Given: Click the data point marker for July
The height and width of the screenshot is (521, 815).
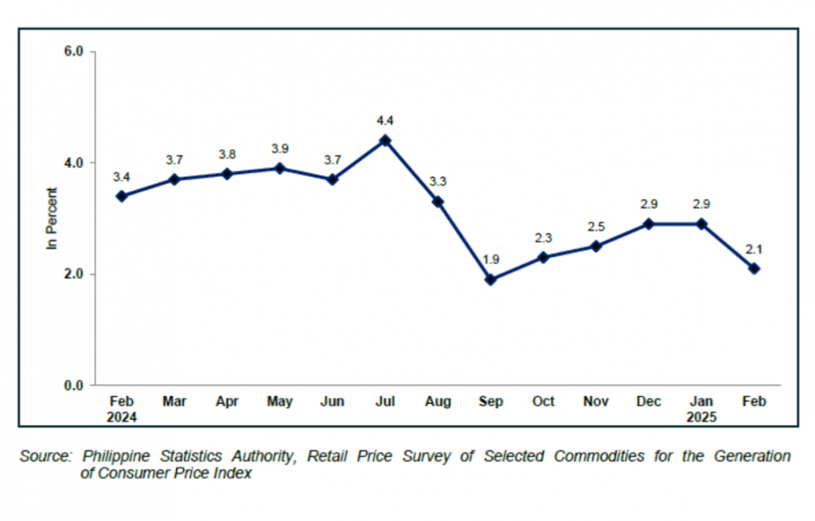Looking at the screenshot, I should pyautogui.click(x=385, y=140).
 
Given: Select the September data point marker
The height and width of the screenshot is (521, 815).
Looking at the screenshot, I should pyautogui.click(x=491, y=280).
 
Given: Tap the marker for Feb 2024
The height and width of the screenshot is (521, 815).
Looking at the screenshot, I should pyautogui.click(x=121, y=196).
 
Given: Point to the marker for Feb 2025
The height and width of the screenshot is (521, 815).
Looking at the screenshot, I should pyautogui.click(x=754, y=269).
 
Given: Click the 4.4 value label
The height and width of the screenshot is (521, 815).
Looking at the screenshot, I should pyautogui.click(x=385, y=121).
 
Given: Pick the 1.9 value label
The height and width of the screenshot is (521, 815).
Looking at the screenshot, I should pyautogui.click(x=491, y=260).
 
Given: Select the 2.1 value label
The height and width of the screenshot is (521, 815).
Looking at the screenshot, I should pyautogui.click(x=754, y=249).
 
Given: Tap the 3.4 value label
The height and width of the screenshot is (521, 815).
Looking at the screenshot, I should pyautogui.click(x=121, y=177).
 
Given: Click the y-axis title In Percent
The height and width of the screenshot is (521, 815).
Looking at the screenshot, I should pyautogui.click(x=53, y=219).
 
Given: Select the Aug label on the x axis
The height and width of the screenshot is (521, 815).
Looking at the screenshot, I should pyautogui.click(x=437, y=402).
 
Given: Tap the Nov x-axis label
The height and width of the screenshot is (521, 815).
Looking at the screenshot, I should pyautogui.click(x=596, y=402).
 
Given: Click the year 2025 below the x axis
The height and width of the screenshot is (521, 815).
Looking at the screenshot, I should pyautogui.click(x=701, y=417).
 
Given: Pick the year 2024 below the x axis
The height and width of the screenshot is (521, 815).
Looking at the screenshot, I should pyautogui.click(x=121, y=417).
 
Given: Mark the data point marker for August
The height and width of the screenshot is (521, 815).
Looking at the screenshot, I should pyautogui.click(x=438, y=202).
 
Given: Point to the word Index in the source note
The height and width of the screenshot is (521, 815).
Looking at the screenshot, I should pyautogui.click(x=232, y=474).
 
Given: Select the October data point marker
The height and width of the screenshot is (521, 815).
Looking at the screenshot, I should pyautogui.click(x=543, y=258).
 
